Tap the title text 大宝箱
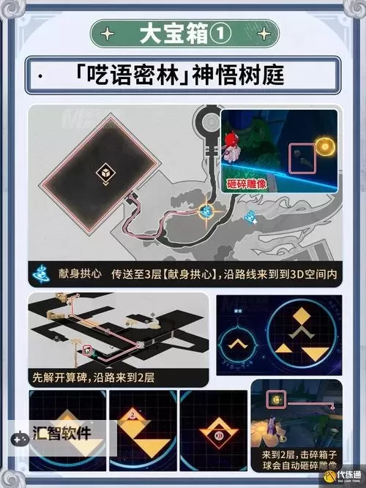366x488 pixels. [x=173, y=34]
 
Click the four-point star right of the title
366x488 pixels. [x=258, y=34]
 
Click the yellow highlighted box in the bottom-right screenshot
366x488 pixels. [x=277, y=401]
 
